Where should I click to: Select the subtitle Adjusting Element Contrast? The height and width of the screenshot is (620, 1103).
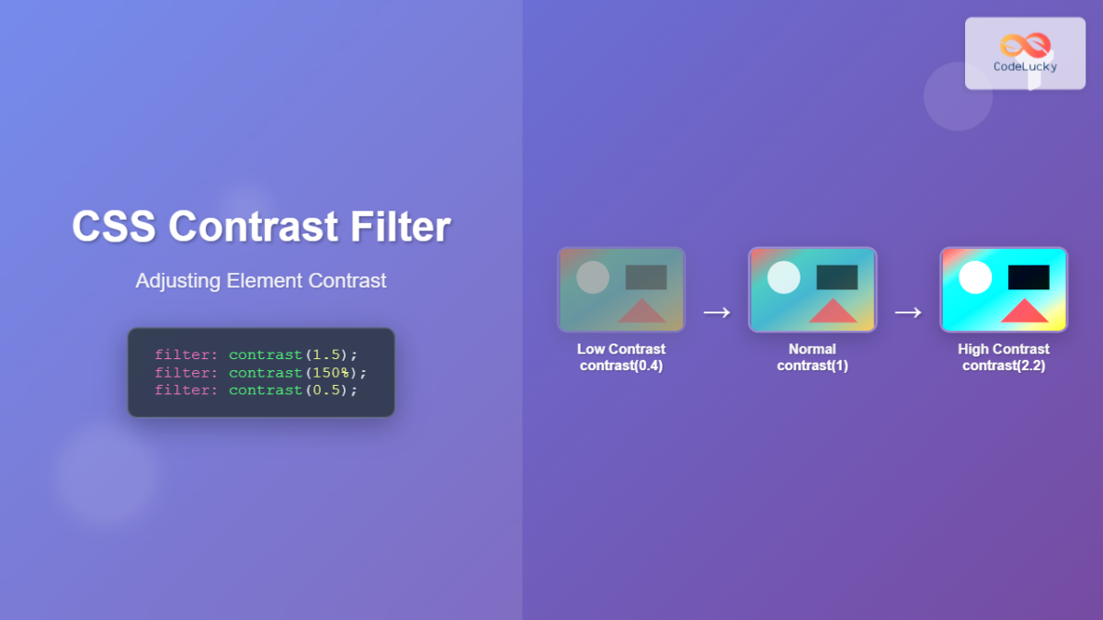261,281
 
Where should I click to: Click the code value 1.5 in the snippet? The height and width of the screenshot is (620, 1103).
325,355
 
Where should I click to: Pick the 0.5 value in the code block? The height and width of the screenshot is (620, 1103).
325,390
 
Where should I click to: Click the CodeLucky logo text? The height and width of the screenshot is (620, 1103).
1025,66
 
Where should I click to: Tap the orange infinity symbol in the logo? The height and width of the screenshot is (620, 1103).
1025,44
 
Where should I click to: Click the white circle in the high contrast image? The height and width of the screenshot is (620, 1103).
975,276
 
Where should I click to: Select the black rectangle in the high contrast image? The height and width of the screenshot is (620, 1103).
1029,276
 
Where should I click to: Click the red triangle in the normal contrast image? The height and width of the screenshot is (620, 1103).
833,311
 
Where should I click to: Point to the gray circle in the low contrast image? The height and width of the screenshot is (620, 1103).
593,276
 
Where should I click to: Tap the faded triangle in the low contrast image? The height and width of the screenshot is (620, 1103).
642,311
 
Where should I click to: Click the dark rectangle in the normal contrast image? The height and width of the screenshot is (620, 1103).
836,276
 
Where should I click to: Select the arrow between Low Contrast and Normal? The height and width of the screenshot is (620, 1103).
717,312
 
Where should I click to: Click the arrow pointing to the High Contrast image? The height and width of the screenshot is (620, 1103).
908,312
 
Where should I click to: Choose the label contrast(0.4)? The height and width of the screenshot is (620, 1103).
621,366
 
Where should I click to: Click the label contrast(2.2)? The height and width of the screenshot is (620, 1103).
1004,366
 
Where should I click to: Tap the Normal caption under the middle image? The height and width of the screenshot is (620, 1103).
813,349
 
